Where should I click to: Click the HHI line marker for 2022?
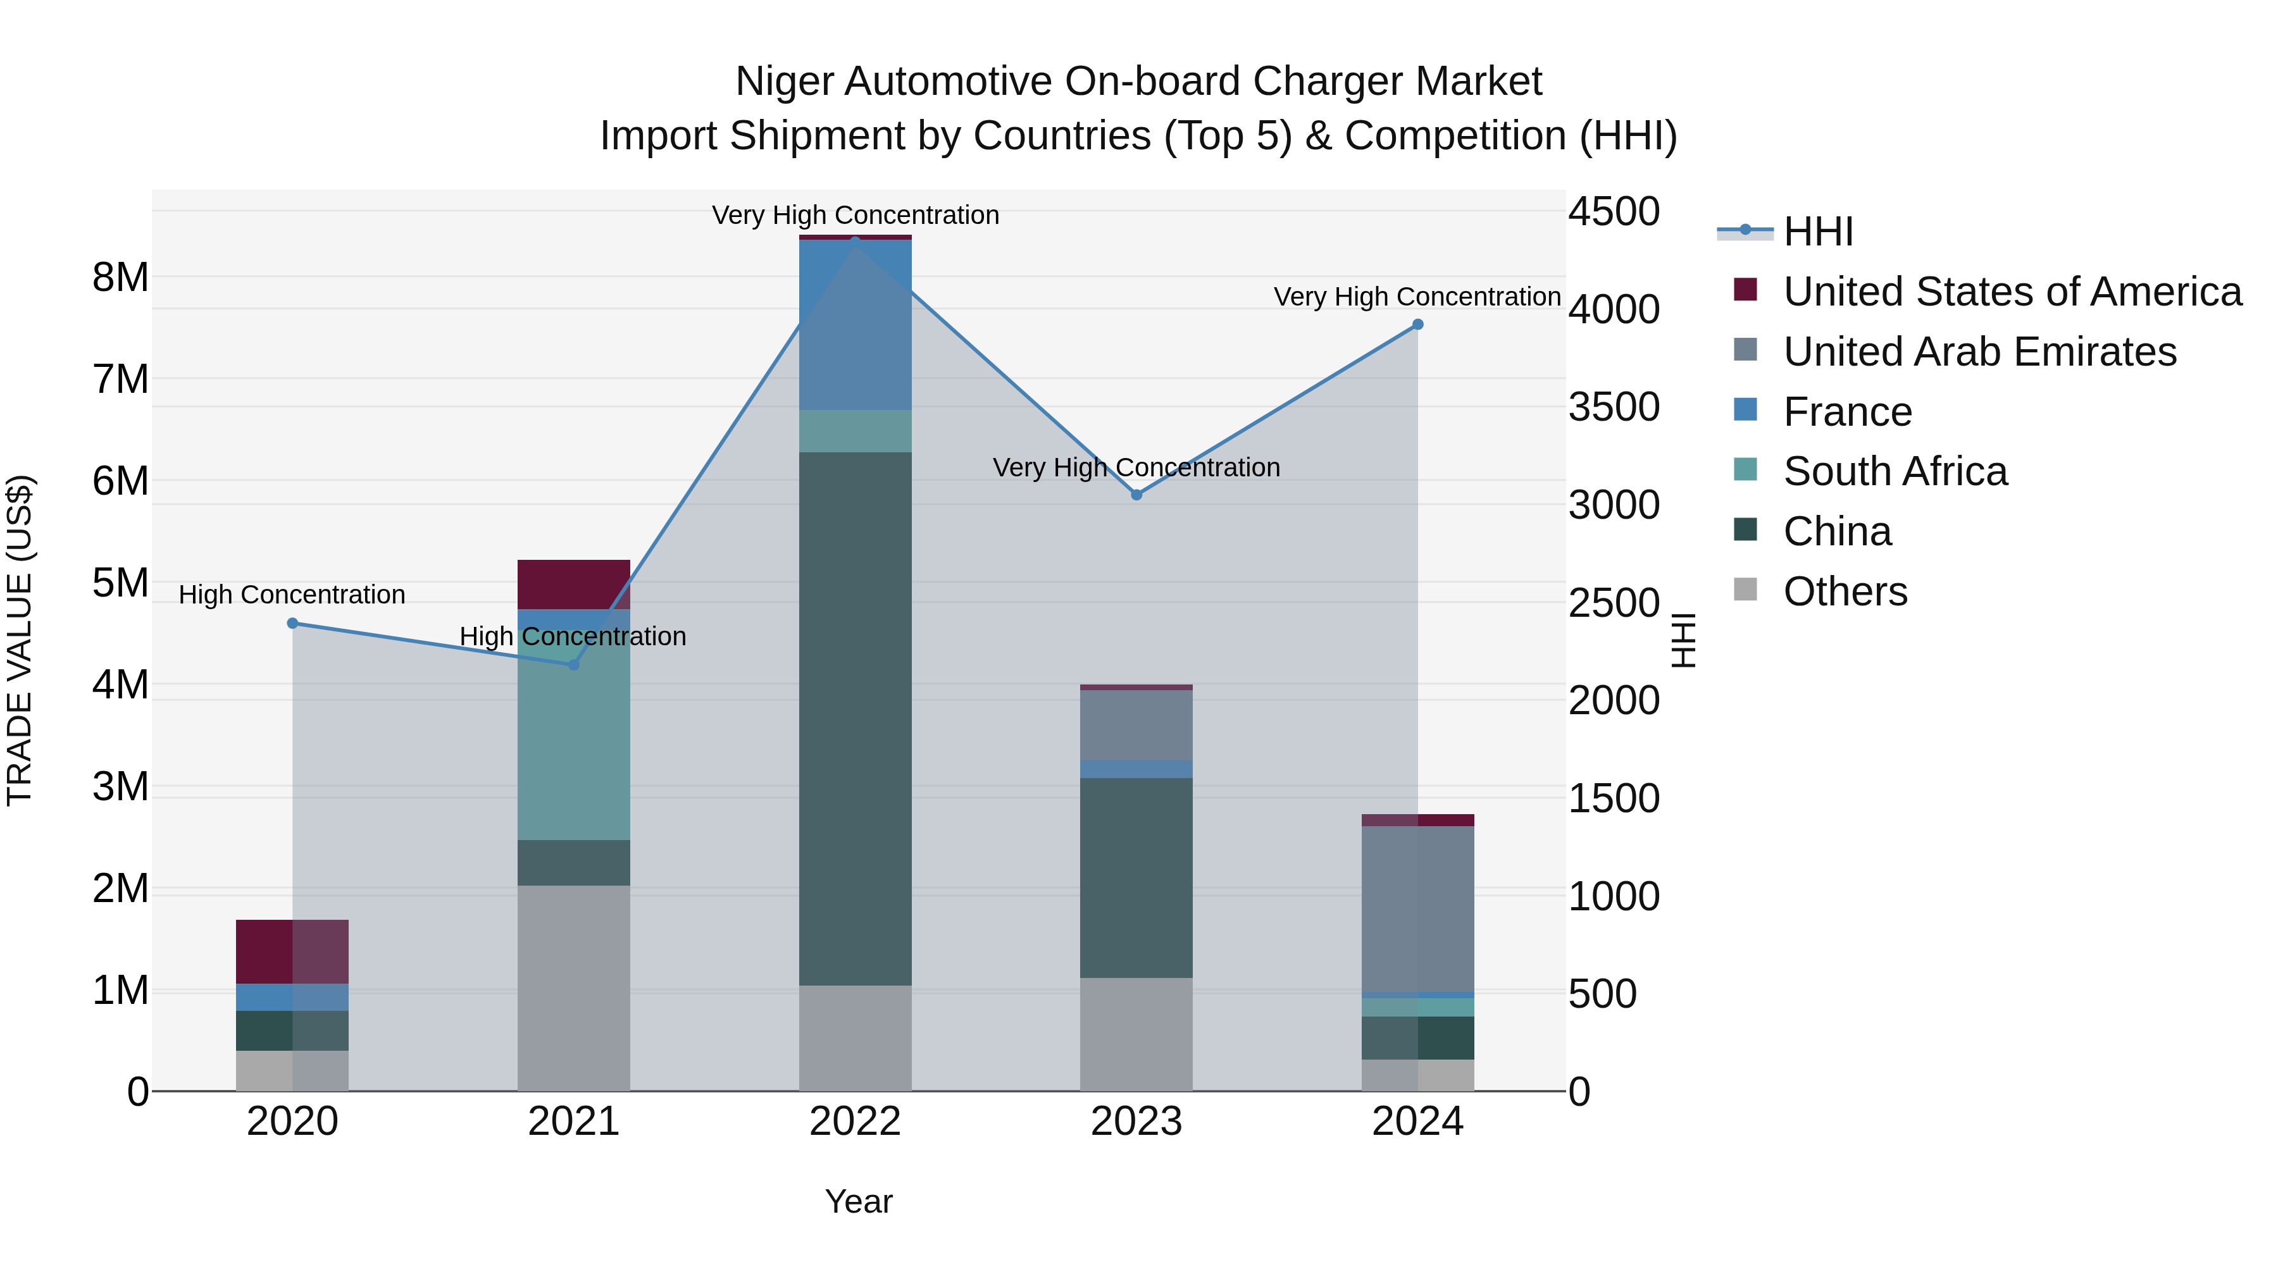[854, 240]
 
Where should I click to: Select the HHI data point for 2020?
[293, 623]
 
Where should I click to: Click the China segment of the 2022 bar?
[854, 718]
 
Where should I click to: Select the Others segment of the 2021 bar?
[573, 987]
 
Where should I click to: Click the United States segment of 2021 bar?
[573, 585]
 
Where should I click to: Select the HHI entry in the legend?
[1818, 232]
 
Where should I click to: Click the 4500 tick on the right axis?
[1614, 212]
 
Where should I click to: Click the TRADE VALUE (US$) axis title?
[20, 640]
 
